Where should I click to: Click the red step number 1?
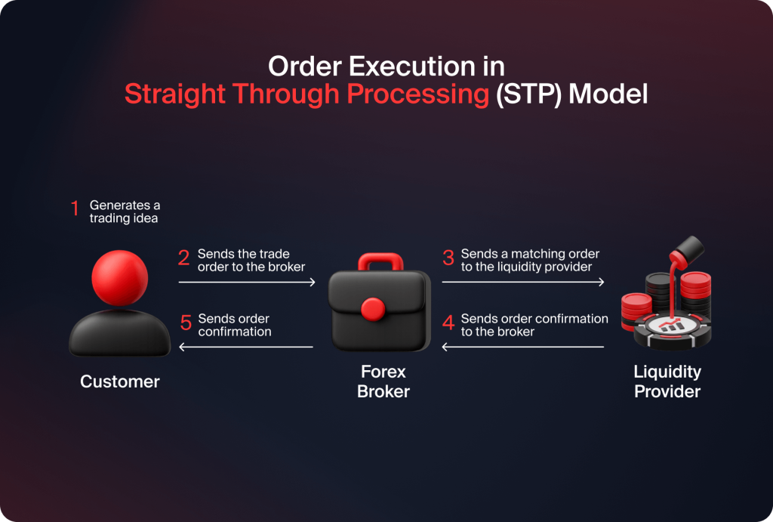point(75,209)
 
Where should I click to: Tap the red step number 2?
point(183,258)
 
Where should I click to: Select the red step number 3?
point(448,258)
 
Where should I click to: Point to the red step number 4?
point(448,323)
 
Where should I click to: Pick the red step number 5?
point(186,323)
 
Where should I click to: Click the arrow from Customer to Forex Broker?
point(247,283)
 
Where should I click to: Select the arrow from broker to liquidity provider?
point(523,283)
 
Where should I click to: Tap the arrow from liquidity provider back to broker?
point(523,347)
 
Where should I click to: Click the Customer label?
point(120,381)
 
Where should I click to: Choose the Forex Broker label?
point(383,381)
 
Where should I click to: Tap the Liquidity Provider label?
point(667,381)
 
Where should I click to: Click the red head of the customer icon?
point(119,277)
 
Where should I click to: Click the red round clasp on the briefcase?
point(374,308)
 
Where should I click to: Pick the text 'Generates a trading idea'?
point(125,212)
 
